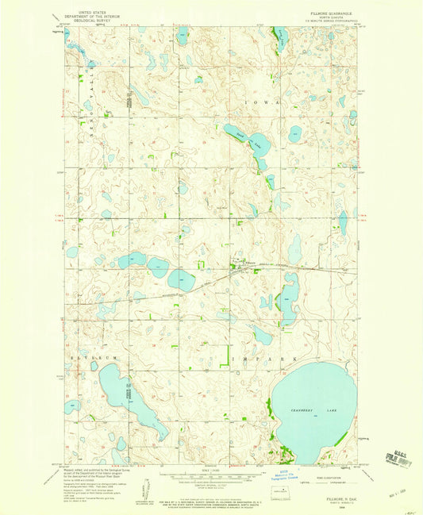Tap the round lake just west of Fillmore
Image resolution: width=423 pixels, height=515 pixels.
coord(181,279)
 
